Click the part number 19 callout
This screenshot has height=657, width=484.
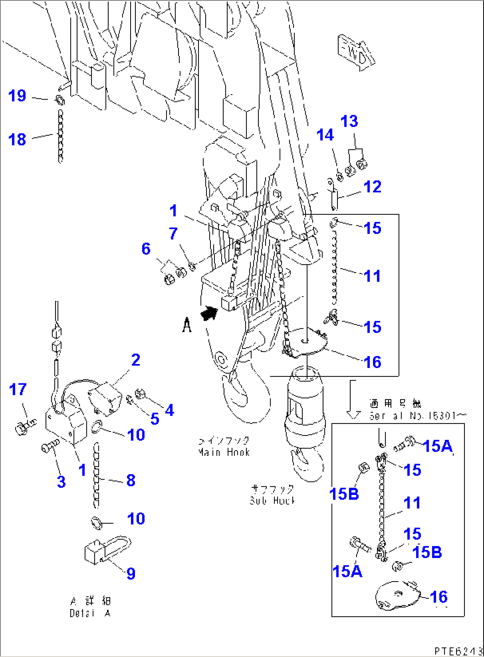(17, 95)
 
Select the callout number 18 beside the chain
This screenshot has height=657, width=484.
(17, 139)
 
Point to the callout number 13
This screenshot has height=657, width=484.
(349, 121)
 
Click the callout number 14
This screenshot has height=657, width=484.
(325, 135)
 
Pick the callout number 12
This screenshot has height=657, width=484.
(373, 187)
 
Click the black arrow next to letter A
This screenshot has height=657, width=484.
(210, 314)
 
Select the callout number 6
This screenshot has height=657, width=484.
(146, 249)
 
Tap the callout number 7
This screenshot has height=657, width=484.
(173, 234)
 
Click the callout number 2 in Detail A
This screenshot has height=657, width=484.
(135, 360)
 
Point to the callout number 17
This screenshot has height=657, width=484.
(18, 390)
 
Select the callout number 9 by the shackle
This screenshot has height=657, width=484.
(131, 574)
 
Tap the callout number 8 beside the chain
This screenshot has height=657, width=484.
(131, 480)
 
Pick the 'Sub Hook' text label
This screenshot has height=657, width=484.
(272, 495)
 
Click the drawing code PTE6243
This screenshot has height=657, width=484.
(457, 651)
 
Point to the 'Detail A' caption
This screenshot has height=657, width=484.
(90, 607)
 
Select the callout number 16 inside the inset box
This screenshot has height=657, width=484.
(438, 597)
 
